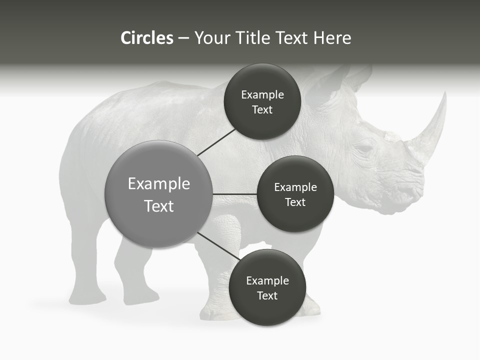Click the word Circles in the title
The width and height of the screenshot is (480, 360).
click(x=146, y=38)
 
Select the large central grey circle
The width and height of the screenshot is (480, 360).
click(x=158, y=194)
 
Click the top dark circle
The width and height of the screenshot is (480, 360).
click(x=262, y=101)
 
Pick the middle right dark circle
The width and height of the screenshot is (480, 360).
click(x=295, y=194)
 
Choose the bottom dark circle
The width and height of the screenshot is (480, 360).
click(x=266, y=287)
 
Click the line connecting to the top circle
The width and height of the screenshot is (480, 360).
click(x=216, y=142)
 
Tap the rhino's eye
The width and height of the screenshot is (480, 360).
click(x=364, y=149)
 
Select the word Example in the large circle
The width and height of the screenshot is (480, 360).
click(x=158, y=184)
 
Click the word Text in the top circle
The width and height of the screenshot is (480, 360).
click(x=262, y=109)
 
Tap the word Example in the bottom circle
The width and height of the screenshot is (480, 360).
click(x=267, y=280)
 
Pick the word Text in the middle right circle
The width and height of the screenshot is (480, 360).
click(x=295, y=202)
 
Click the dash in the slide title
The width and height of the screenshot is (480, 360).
click(x=183, y=38)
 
